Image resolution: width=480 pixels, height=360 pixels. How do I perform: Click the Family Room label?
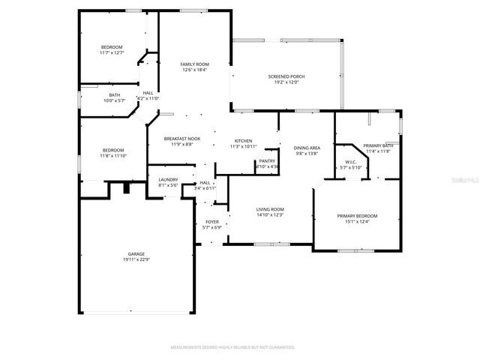(193, 64)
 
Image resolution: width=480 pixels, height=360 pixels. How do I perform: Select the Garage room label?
(136, 254)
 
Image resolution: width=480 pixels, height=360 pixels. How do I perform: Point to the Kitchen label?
(243, 141)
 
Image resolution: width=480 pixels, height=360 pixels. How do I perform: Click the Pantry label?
(267, 160)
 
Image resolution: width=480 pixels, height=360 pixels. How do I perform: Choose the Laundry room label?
(167, 179)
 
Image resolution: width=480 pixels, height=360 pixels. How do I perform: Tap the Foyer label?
(212, 223)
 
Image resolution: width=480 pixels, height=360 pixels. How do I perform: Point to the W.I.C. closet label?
(351, 161)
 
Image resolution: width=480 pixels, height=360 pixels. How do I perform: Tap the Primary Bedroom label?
(357, 216)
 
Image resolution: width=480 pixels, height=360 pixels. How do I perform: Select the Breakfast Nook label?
(183, 138)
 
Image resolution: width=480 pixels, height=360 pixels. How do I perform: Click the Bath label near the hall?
(114, 94)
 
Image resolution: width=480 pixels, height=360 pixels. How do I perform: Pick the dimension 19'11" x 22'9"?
(136, 259)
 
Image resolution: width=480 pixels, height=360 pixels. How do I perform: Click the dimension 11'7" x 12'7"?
(112, 52)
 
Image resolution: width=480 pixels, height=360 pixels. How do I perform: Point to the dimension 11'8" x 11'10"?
(112, 155)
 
